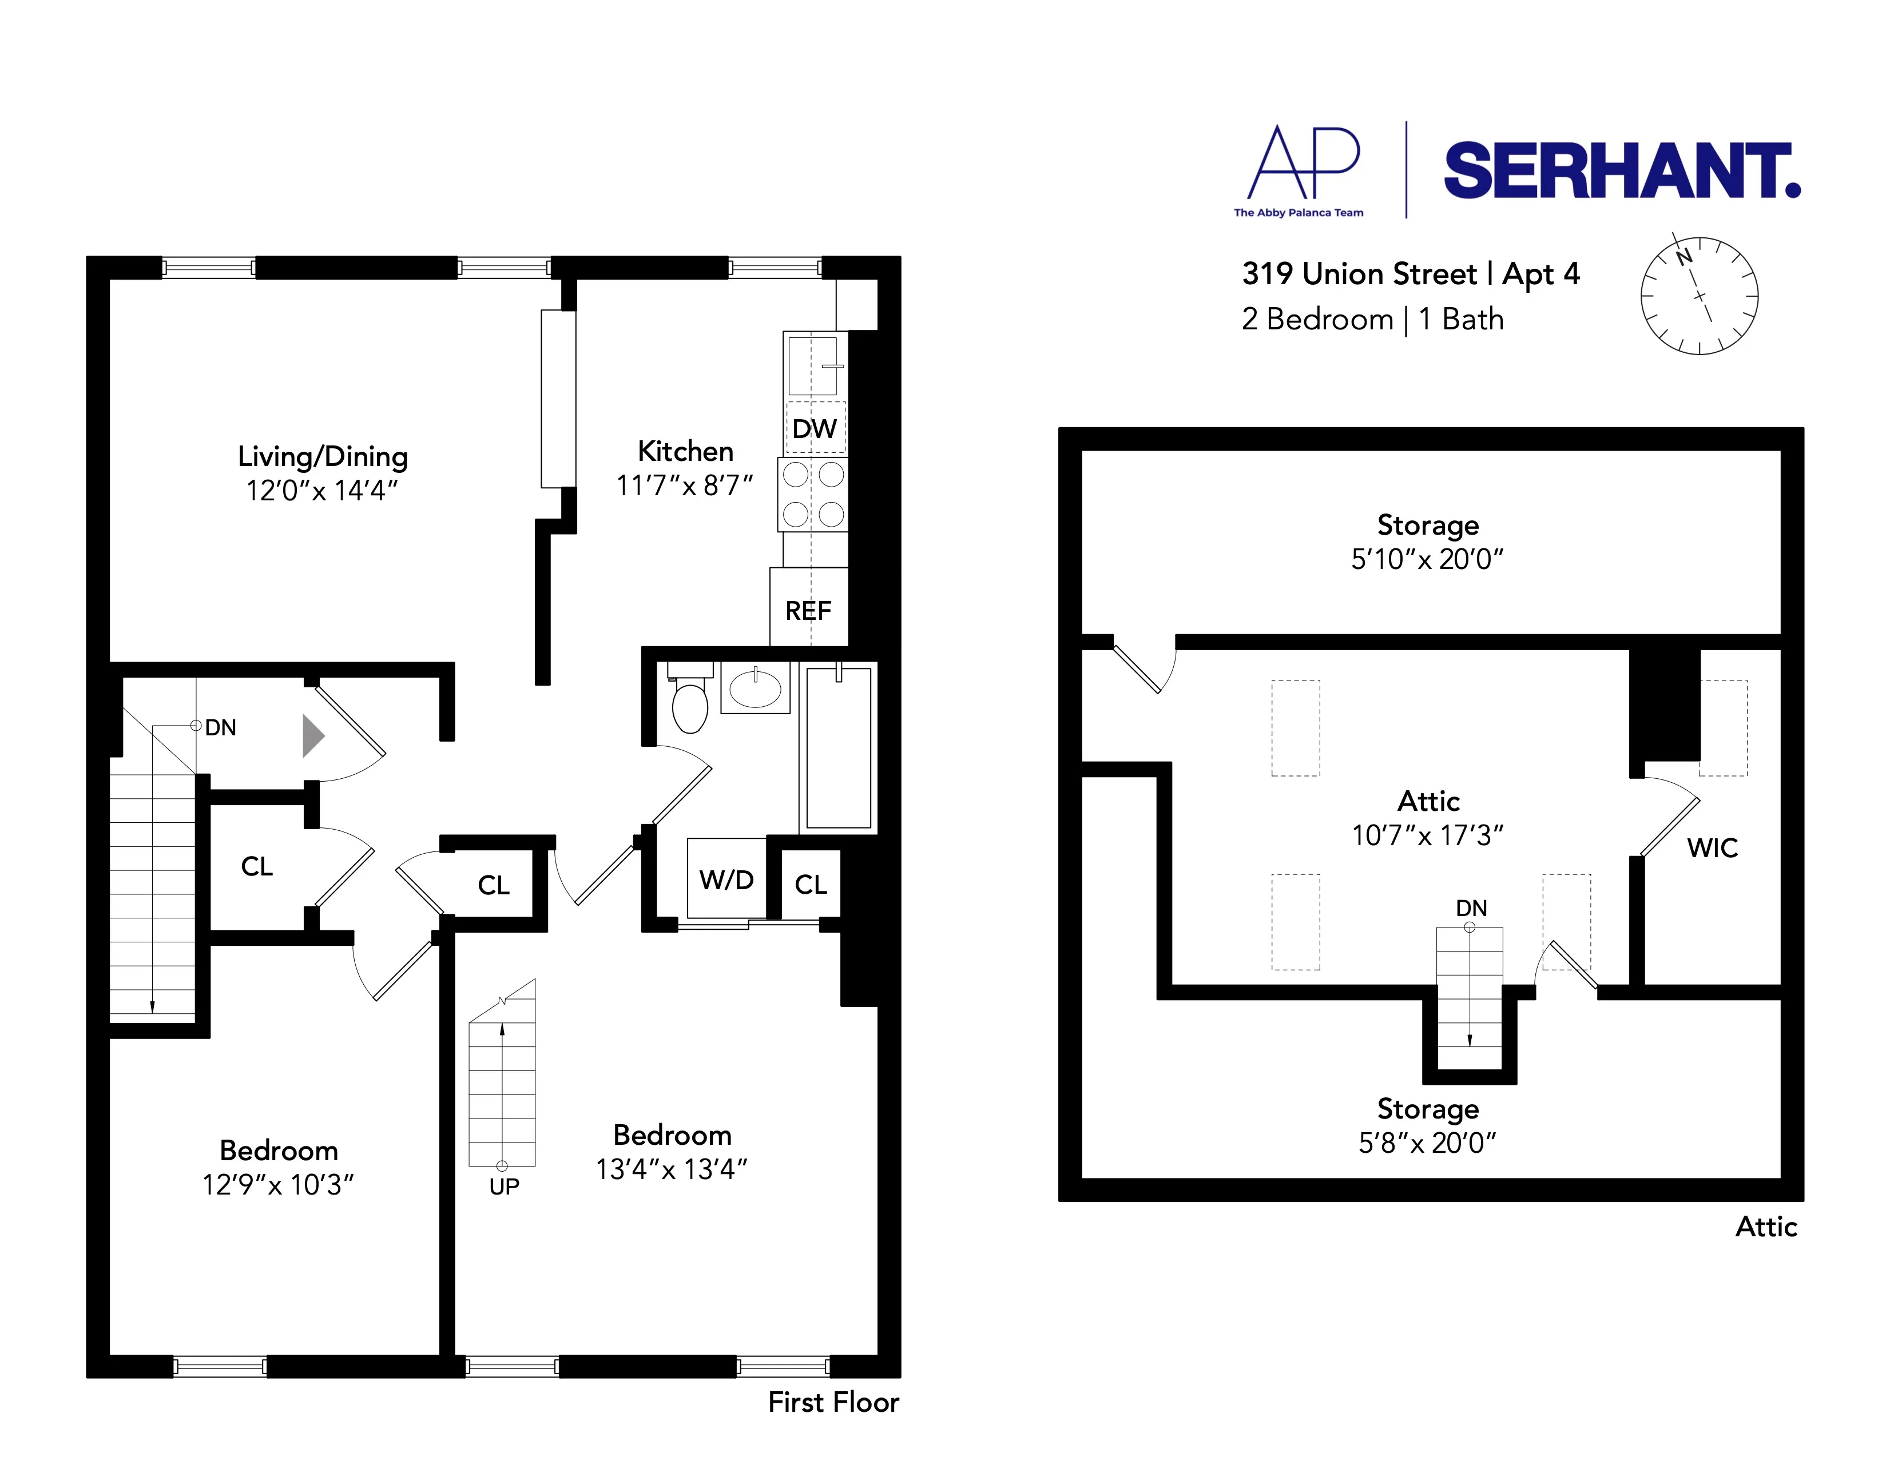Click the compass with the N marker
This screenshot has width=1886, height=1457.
pos(1698,295)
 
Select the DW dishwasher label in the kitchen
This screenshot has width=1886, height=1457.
pos(815,429)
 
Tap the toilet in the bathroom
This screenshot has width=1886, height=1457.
pos(690,703)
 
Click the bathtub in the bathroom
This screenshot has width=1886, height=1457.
pos(837,747)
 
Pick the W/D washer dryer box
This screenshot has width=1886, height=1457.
pos(726,879)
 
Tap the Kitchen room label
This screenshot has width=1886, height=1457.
pos(685,451)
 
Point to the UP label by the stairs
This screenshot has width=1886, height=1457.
pos(505,1187)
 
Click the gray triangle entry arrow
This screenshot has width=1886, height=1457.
pos(312,737)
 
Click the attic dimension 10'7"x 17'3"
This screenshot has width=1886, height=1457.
pos(1427,835)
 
